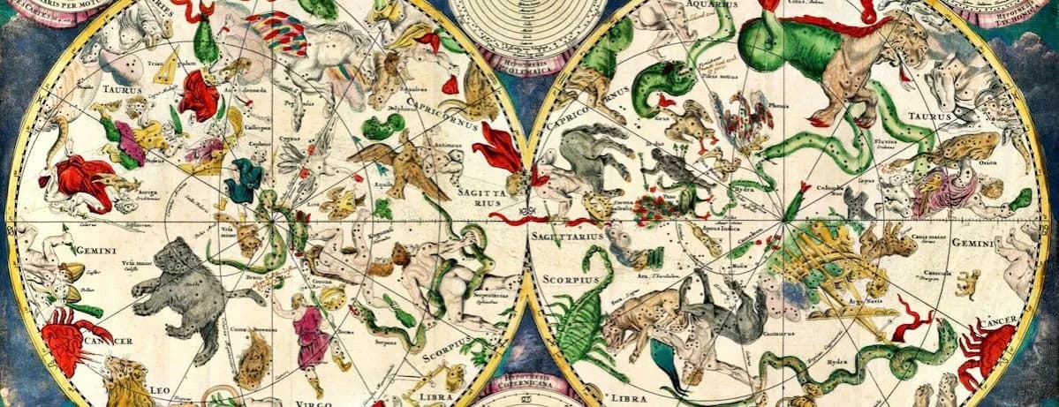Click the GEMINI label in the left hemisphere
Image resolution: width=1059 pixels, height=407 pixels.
coord(96,251)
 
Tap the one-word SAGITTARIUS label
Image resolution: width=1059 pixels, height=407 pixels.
coord(565,237)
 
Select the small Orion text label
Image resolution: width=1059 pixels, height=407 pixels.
coord(988,162)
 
